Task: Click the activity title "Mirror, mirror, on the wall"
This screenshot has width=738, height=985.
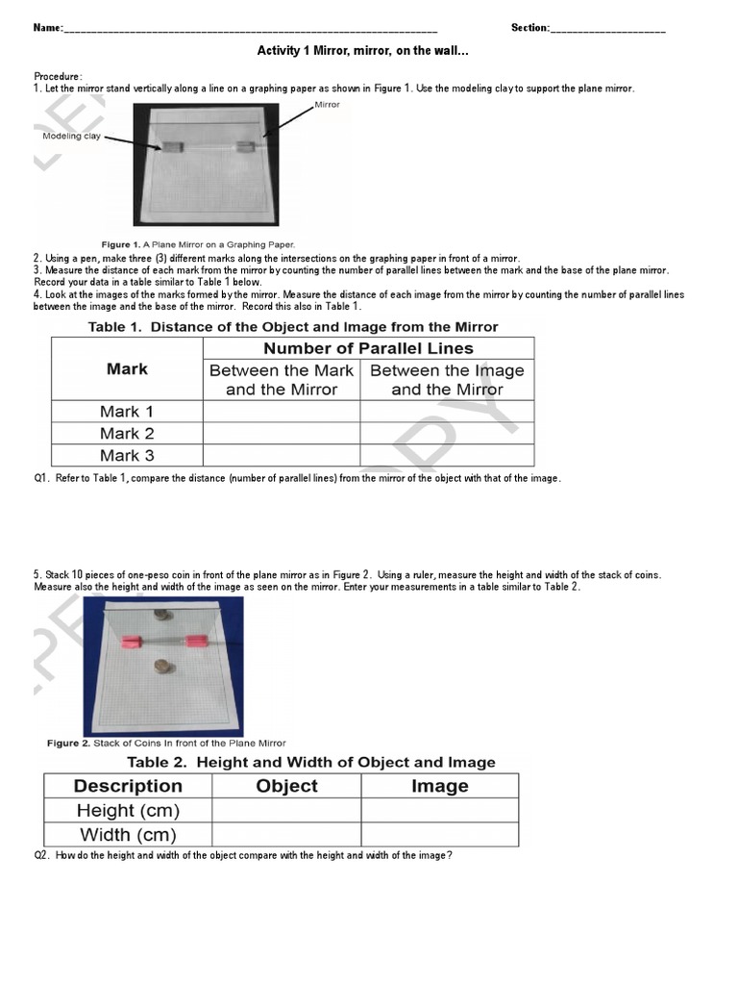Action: [363, 51]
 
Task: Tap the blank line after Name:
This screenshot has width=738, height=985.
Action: [250, 29]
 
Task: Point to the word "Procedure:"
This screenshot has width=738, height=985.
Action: [59, 76]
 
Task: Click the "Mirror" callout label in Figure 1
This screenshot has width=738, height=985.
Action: [327, 105]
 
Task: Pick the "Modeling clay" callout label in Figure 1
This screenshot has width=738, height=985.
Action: [70, 137]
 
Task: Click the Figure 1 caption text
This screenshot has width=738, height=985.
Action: [199, 244]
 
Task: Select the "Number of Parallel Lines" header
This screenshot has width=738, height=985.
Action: [368, 348]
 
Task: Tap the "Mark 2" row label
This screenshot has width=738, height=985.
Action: [127, 434]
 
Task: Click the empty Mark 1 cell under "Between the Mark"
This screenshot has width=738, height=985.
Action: [281, 412]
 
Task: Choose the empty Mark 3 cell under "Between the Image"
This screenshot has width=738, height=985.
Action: [447, 456]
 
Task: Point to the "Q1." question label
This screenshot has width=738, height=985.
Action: [42, 478]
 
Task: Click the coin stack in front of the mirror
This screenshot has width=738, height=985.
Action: [160, 667]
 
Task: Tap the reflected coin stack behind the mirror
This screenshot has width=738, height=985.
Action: [160, 614]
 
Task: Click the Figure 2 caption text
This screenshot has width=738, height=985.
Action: [166, 744]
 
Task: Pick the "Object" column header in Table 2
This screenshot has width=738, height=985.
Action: [286, 786]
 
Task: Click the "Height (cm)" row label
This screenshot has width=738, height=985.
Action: [128, 811]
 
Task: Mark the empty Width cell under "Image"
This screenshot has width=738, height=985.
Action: [439, 835]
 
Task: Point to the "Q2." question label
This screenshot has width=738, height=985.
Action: [42, 855]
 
